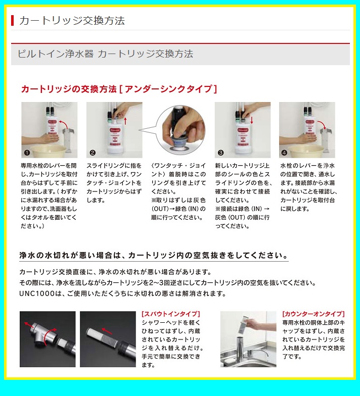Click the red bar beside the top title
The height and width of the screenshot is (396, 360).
tap(12, 20)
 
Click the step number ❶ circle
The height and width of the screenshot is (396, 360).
tap(27, 153)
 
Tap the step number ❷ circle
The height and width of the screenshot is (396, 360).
tap(93, 153)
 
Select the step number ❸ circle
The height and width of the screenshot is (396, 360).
tap(220, 153)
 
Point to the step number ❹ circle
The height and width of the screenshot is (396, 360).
tap(284, 153)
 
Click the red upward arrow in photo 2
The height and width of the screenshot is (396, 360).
tap(125, 121)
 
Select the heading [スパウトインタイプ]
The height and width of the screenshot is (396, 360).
tap(171, 314)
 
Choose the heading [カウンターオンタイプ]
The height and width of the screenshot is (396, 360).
tap(313, 314)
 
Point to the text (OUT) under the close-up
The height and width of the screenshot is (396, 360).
tap(160, 209)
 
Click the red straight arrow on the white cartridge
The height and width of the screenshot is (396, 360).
tap(107, 330)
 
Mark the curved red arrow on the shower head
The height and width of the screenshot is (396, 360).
tap(49, 336)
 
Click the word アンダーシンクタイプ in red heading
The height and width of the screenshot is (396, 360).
tap(168, 89)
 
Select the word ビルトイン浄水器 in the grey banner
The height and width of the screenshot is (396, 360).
tap(56, 54)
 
